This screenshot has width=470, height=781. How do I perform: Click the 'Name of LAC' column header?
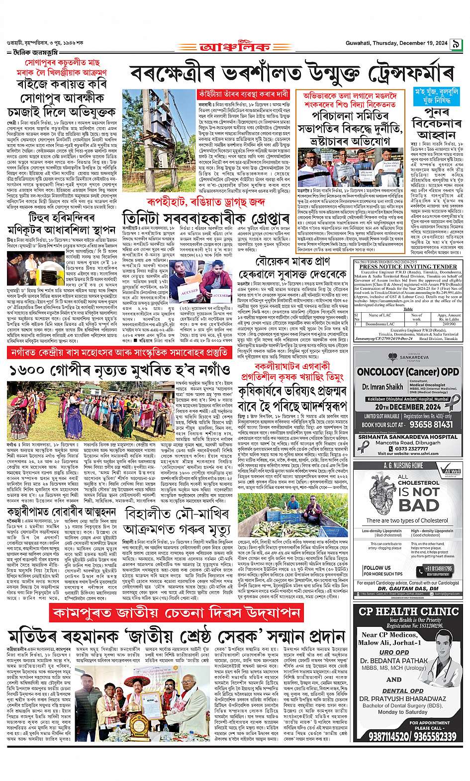380,315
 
